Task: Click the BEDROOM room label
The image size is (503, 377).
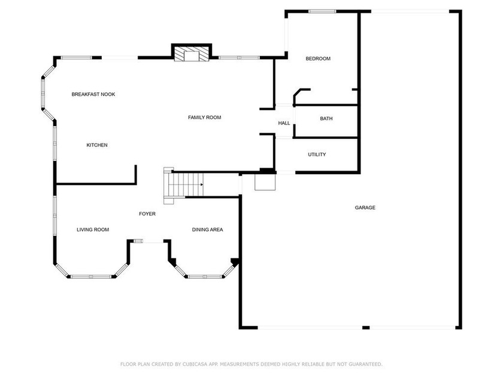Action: tap(318, 59)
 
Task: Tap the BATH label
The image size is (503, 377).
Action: tap(326, 118)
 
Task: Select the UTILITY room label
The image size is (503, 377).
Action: tap(317, 154)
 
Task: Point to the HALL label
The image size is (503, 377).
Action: tap(284, 123)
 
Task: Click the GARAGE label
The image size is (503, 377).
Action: tap(365, 208)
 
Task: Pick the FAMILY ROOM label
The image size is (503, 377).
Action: tap(204, 118)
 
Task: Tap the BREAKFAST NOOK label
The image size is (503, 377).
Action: tap(93, 95)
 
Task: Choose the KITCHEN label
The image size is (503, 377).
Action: tap(97, 145)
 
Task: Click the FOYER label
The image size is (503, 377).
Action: tap(147, 214)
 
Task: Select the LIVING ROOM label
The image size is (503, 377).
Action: tap(93, 230)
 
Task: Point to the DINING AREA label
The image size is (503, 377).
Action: tap(207, 230)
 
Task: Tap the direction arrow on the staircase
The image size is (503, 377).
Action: tap(202, 185)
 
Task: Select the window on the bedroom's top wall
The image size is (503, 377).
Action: tap(322, 11)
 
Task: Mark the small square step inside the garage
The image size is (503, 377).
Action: tap(265, 183)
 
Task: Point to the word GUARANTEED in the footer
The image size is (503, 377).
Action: tap(365, 364)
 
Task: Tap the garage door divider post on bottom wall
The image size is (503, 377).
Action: tap(366, 328)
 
